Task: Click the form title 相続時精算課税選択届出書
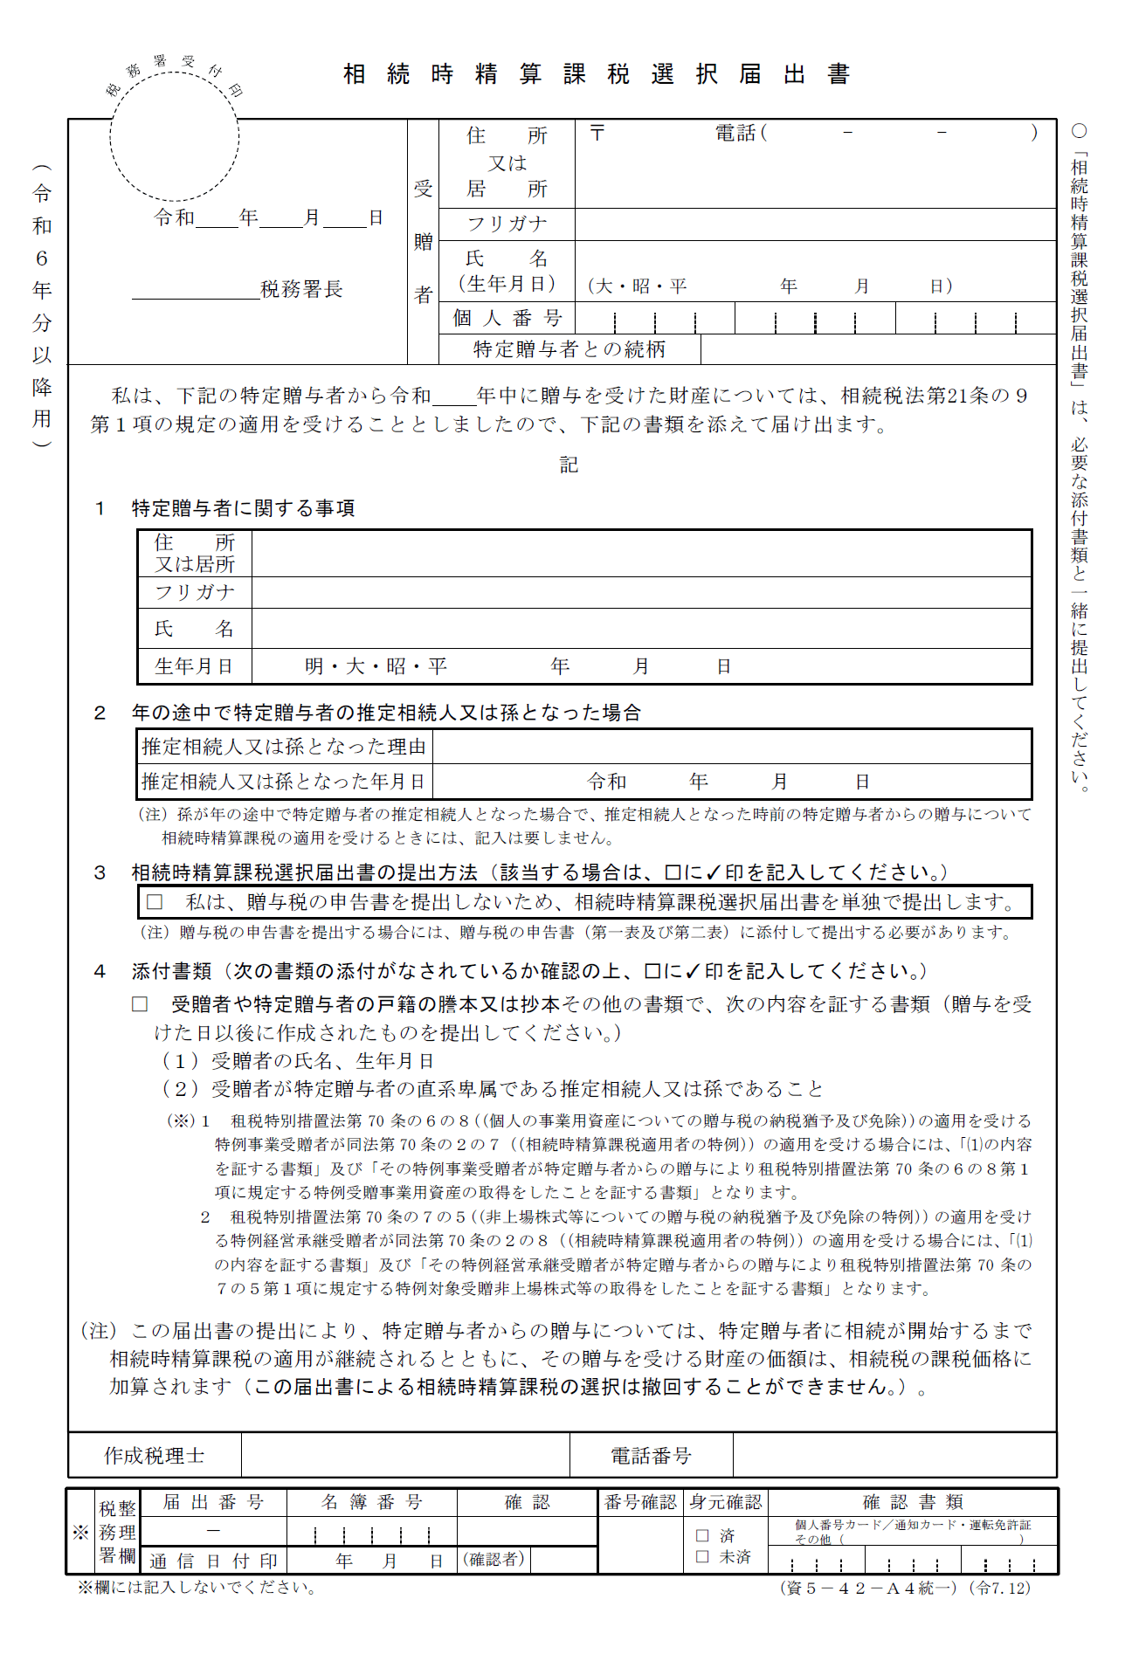(597, 74)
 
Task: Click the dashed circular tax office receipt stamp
(175, 137)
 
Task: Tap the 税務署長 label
(301, 289)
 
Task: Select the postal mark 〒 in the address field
(597, 133)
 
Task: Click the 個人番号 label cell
(507, 318)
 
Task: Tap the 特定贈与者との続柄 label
(569, 349)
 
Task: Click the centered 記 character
(569, 465)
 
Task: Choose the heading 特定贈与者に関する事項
(243, 508)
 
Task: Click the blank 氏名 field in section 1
(641, 629)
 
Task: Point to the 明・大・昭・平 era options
(376, 666)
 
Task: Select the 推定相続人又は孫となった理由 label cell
(285, 747)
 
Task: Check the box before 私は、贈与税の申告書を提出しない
(155, 901)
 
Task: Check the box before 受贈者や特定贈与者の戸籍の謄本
(140, 1004)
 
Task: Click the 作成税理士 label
(155, 1456)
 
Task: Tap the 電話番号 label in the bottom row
(651, 1456)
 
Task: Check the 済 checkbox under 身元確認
(702, 1535)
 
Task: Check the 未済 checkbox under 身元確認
(702, 1556)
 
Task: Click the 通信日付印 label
(213, 1561)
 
